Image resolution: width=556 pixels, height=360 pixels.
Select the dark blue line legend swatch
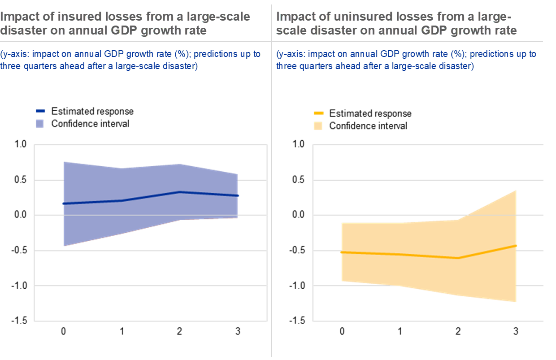pos(40,111)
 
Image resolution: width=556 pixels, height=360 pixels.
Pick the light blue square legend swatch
pos(40,124)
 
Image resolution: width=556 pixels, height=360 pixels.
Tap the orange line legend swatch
pos(318,113)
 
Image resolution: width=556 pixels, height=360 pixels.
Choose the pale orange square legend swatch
pos(318,126)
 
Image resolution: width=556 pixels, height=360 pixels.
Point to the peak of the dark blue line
pos(179,192)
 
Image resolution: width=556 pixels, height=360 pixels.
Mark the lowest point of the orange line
pos(458,258)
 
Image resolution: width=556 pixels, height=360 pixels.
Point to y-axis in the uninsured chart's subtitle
pos(291,54)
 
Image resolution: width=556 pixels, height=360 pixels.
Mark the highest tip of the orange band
pos(516,191)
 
